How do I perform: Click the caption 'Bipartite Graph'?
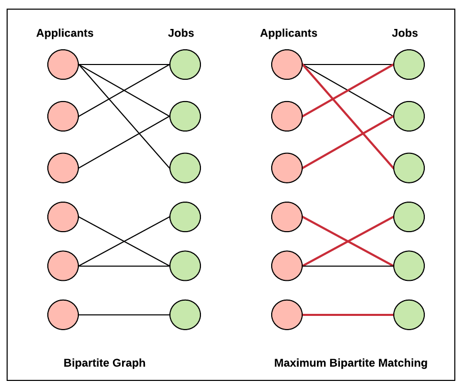(x=104, y=363)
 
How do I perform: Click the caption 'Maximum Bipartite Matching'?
(x=351, y=363)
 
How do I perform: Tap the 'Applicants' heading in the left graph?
(x=65, y=34)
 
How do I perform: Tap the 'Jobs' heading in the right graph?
(x=404, y=34)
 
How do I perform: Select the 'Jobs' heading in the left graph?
(x=181, y=34)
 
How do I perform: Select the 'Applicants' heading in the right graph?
(x=288, y=34)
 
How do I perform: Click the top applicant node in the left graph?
(x=63, y=64)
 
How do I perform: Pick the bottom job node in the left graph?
(x=185, y=315)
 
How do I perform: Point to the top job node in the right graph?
(x=409, y=64)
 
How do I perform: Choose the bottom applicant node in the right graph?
(x=287, y=315)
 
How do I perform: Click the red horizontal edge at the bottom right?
(x=348, y=315)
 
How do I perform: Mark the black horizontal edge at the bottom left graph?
(x=124, y=315)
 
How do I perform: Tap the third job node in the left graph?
(x=185, y=168)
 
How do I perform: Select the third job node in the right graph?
(x=409, y=168)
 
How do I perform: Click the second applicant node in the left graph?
(x=63, y=116)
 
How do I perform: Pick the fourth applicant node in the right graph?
(x=287, y=217)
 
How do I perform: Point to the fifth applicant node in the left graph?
(x=63, y=266)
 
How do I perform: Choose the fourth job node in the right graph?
(x=409, y=217)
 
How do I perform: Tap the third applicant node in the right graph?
(x=287, y=168)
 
